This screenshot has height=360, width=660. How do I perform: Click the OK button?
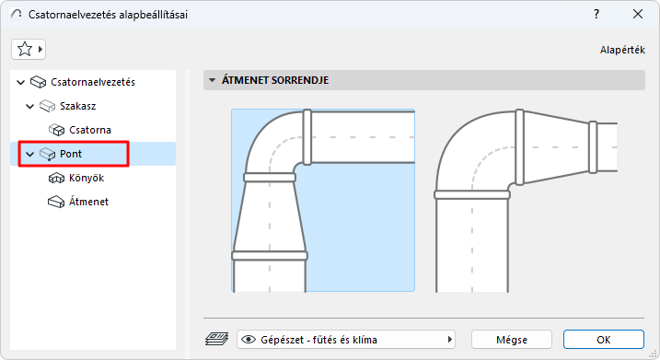tap(603, 339)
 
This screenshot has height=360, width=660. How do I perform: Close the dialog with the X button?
tap(638, 14)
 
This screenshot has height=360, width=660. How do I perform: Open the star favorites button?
tap(29, 49)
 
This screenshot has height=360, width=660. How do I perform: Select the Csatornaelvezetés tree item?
tap(93, 82)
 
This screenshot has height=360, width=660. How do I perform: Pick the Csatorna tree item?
tap(90, 130)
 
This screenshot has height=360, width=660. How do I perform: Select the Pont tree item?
tap(72, 154)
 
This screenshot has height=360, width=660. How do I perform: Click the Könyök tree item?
tap(87, 178)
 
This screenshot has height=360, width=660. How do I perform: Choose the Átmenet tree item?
tap(89, 201)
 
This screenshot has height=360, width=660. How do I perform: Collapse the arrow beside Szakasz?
tap(30, 106)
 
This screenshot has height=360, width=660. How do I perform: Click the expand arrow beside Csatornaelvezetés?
tap(21, 82)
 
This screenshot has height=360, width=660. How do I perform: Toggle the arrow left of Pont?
tap(30, 154)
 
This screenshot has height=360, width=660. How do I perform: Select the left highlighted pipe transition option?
tap(322, 200)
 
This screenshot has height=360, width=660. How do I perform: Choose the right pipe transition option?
tap(525, 200)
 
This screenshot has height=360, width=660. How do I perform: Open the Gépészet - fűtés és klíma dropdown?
tap(346, 339)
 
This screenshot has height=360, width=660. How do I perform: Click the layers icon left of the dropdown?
tap(216, 339)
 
